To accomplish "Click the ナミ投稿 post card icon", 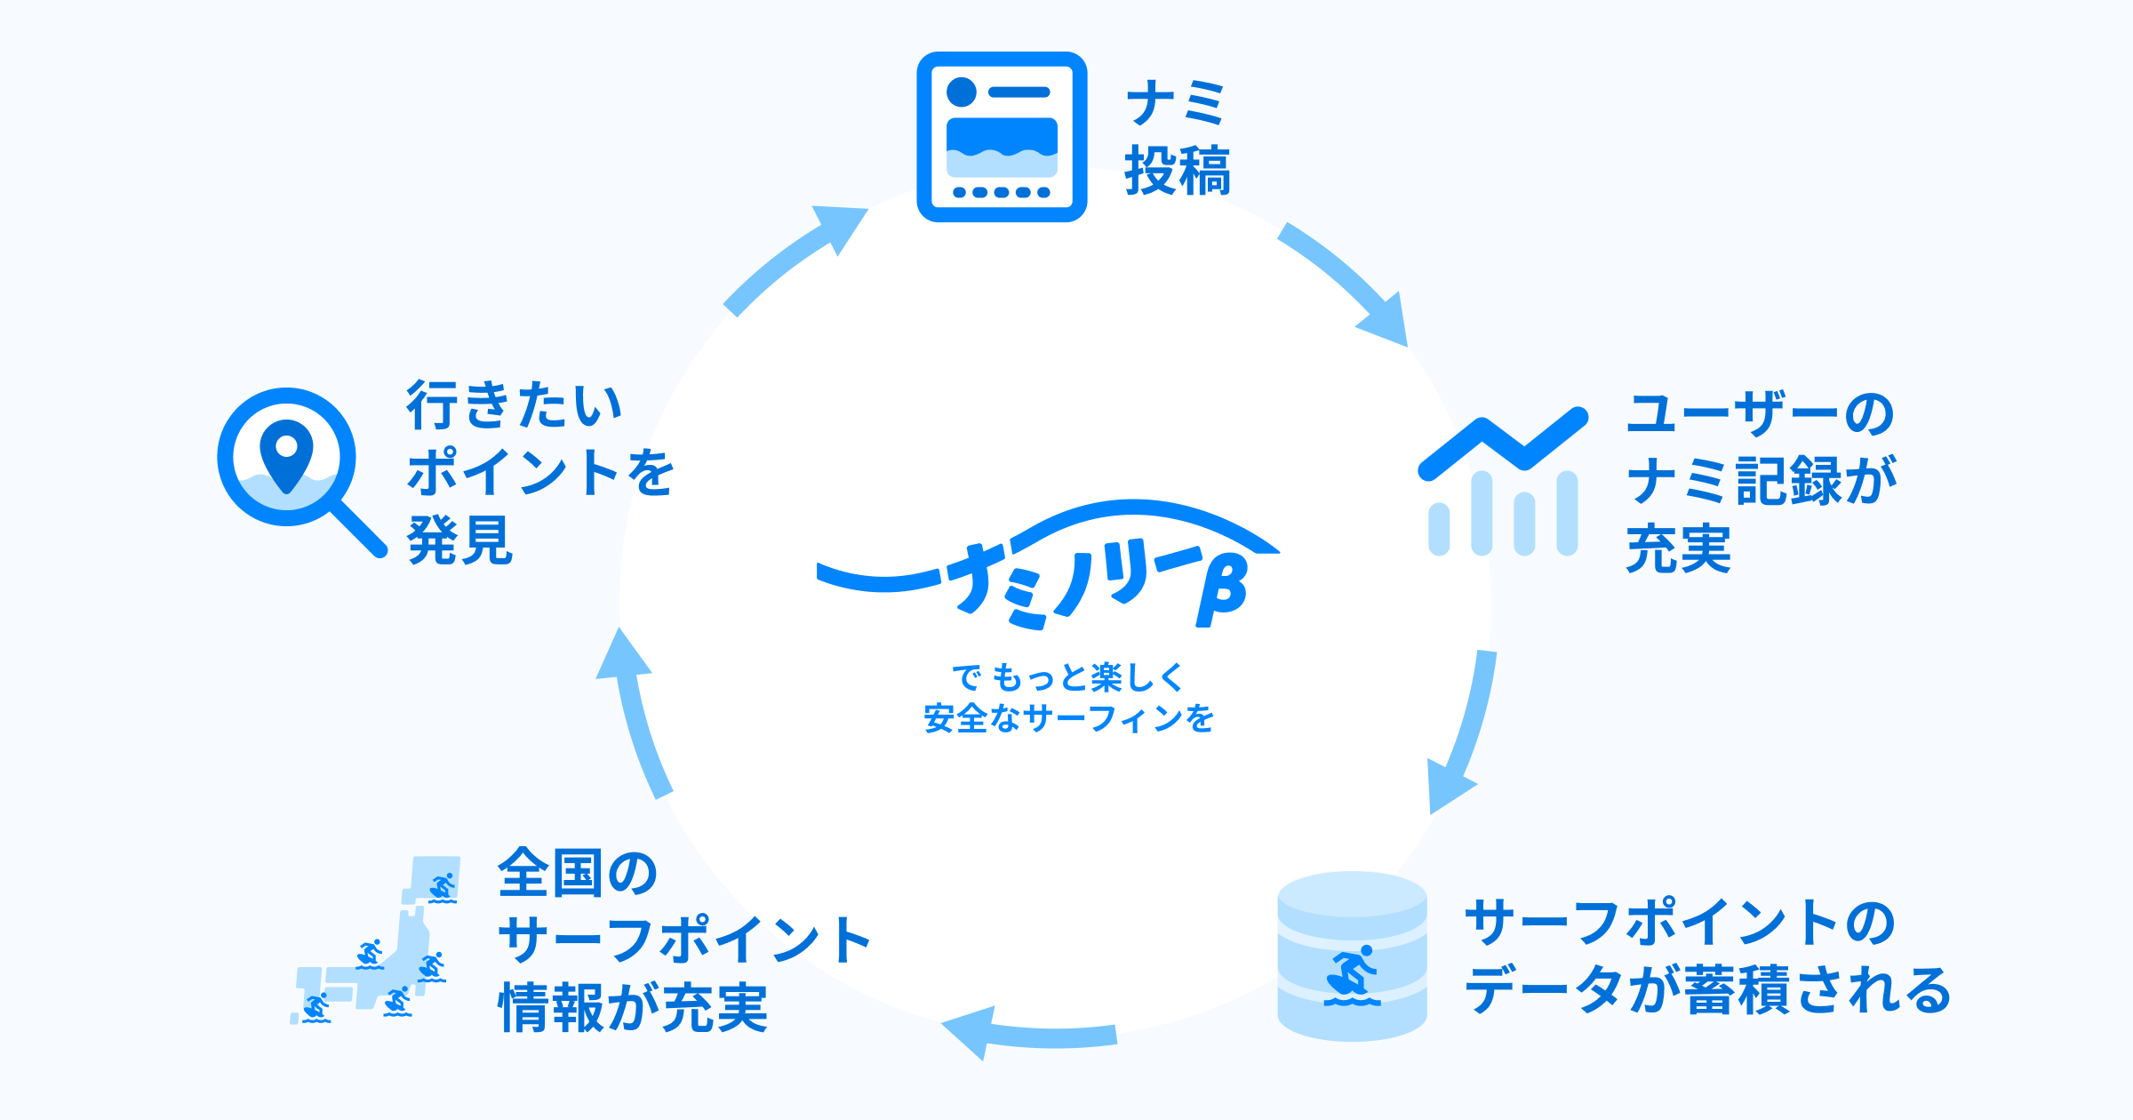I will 1002,137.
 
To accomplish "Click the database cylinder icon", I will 1352,956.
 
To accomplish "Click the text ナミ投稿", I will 1178,138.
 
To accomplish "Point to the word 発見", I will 459,540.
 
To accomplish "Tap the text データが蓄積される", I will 1706,990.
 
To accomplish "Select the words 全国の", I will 578,873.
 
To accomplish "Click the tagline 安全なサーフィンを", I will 1068,718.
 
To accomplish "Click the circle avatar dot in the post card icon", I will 962,92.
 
